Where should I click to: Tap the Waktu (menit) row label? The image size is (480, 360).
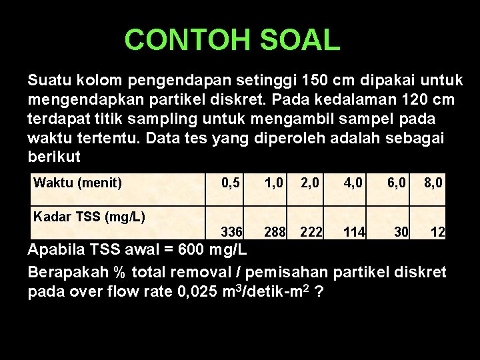(x=77, y=182)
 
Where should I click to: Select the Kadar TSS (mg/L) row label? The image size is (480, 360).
(x=89, y=216)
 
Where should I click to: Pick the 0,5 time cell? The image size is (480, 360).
(x=231, y=182)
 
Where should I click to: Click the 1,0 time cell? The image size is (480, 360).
(x=274, y=182)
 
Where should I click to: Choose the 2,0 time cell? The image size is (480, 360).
(x=311, y=182)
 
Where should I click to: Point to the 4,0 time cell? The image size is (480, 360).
(x=353, y=182)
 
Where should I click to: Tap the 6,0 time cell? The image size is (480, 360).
(x=398, y=182)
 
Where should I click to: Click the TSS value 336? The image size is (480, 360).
(x=231, y=232)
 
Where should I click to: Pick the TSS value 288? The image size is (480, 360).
(x=274, y=232)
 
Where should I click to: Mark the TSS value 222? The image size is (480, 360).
(x=311, y=232)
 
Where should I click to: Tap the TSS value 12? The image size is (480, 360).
(x=438, y=232)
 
